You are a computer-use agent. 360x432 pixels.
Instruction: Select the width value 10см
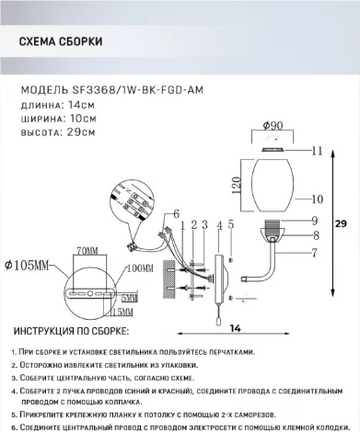[84, 119]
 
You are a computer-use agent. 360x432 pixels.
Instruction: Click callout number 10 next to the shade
[318, 198]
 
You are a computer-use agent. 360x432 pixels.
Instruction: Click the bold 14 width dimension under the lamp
[237, 328]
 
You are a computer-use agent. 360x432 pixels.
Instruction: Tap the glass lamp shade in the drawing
[273, 183]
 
